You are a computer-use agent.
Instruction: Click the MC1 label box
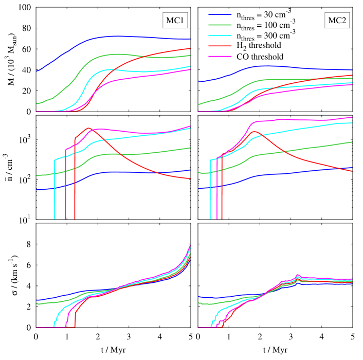(x=175, y=21)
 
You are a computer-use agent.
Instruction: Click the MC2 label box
(x=337, y=21)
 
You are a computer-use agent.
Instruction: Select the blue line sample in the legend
(x=220, y=15)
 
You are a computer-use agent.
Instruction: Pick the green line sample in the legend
(x=220, y=25)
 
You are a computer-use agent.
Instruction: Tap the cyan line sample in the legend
(x=220, y=35)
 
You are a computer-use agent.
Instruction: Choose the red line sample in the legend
(x=220, y=46)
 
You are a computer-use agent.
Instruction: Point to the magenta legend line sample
(x=220, y=56)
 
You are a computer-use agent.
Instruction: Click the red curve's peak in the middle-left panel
(x=88, y=128)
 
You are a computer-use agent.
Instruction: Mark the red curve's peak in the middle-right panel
(x=255, y=132)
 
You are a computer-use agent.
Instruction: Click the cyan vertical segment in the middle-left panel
(x=54, y=190)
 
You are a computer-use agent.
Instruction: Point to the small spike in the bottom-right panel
(x=297, y=276)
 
